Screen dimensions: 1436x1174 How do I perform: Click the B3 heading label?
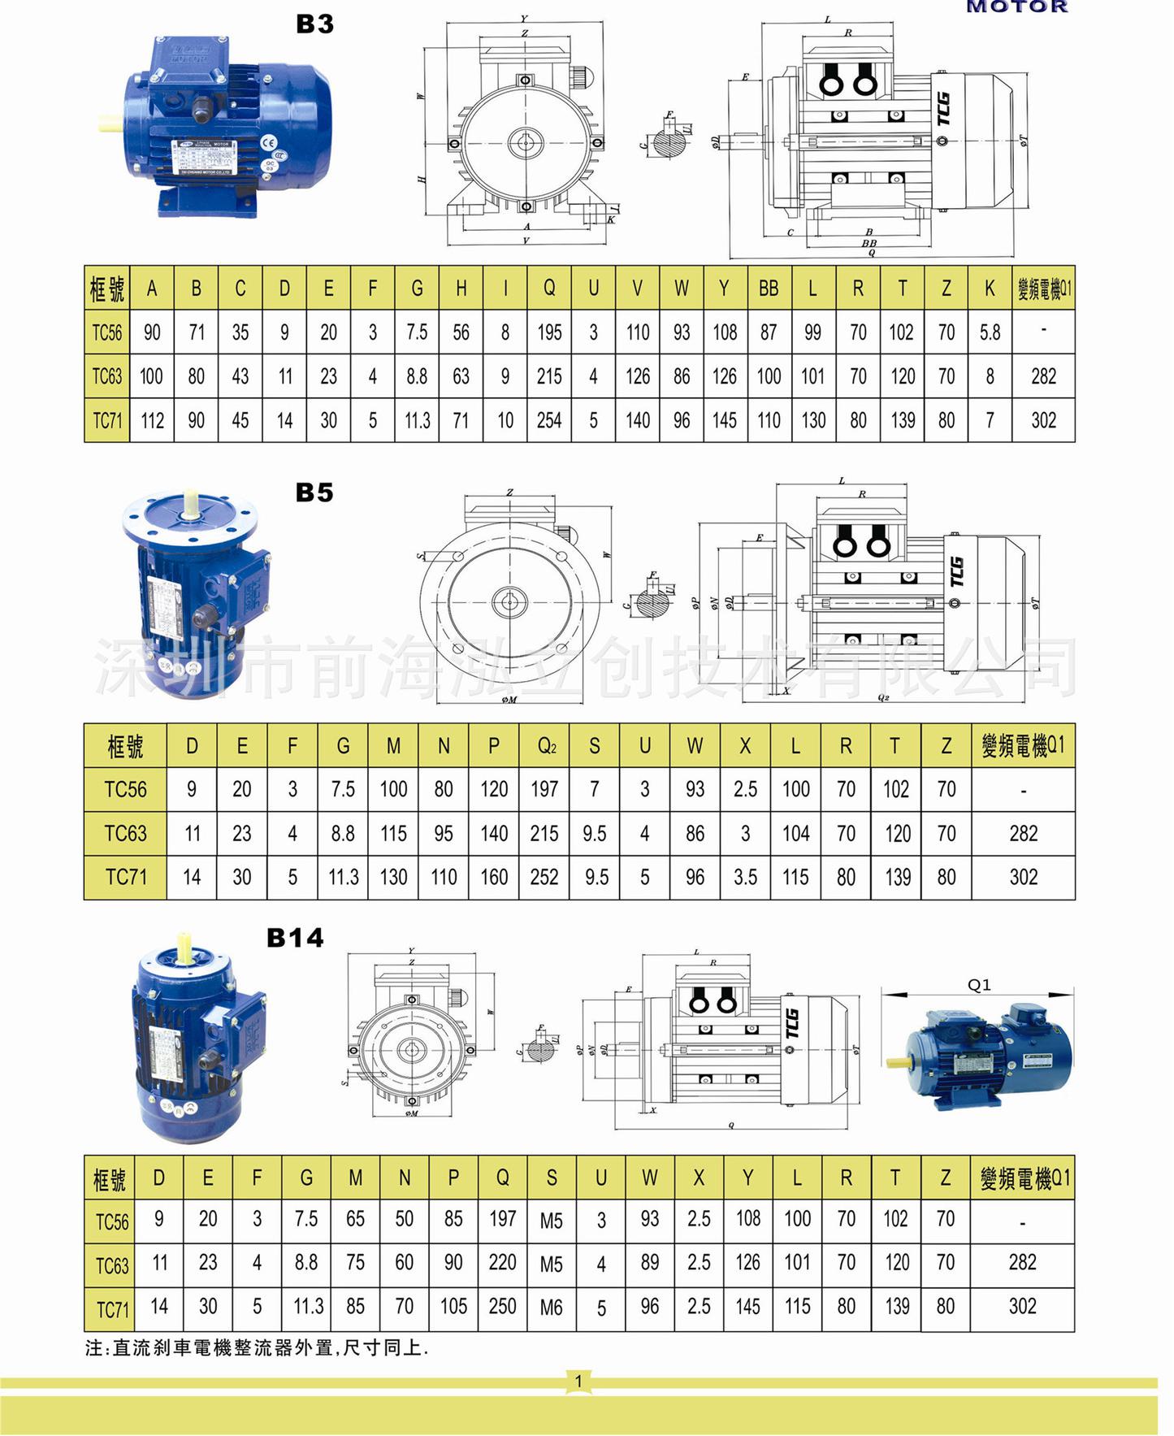(314, 24)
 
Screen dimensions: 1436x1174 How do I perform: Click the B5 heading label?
(314, 492)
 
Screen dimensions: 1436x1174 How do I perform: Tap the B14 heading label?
(295, 938)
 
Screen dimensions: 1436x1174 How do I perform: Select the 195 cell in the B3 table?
(549, 332)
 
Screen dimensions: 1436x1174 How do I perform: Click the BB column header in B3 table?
(769, 289)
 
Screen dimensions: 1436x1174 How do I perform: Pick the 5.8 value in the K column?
(990, 332)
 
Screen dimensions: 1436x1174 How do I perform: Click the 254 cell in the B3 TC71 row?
(549, 420)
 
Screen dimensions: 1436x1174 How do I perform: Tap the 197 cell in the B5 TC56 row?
(544, 789)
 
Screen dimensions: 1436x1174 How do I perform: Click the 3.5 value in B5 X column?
(745, 877)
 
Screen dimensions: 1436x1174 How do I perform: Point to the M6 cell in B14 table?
(551, 1308)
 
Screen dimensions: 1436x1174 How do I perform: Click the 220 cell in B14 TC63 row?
(502, 1262)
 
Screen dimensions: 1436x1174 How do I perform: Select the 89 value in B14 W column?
(649, 1262)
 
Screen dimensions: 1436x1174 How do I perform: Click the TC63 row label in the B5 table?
(125, 833)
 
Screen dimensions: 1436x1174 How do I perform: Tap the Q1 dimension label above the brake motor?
(979, 985)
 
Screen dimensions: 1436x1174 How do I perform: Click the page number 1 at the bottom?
(578, 1381)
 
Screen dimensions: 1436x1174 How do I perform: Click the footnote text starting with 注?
(256, 1348)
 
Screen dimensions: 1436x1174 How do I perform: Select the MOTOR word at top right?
(1016, 7)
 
